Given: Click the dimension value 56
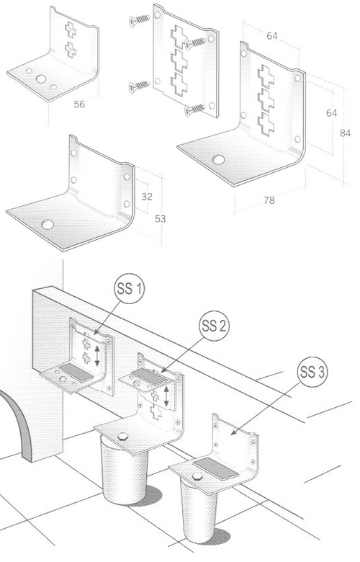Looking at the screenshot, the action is [79, 104].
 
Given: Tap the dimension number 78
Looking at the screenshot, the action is [269, 200].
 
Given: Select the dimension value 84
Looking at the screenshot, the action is [345, 133].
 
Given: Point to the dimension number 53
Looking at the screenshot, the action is [160, 218].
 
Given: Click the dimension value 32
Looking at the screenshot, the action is [147, 197].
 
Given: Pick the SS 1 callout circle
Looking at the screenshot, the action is [130, 288].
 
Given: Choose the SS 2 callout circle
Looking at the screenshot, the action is [214, 326].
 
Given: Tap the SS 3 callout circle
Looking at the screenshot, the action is [312, 372].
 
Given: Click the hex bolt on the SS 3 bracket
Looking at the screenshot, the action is [197, 476].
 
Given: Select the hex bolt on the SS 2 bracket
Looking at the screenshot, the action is [122, 436].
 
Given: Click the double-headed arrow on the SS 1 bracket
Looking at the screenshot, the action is [97, 355].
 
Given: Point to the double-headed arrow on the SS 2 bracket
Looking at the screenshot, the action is [166, 396].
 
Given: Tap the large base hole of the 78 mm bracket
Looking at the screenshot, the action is [218, 159].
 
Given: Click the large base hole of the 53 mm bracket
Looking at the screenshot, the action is [48, 225].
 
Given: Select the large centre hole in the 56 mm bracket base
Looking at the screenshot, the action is [41, 79].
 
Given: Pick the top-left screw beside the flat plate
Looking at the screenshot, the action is [140, 20].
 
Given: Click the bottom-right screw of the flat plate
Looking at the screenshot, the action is [195, 110].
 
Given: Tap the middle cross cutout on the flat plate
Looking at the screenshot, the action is [179, 61].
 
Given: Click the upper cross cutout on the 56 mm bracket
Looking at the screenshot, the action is [71, 30].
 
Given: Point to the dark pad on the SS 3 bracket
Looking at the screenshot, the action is [216, 469].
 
